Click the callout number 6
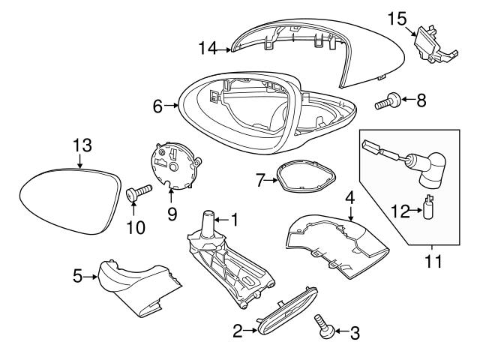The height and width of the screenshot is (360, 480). click(157, 106)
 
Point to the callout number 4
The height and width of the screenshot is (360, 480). click(349, 198)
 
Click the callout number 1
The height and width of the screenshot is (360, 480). click(234, 220)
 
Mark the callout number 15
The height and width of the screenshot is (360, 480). click(397, 16)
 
